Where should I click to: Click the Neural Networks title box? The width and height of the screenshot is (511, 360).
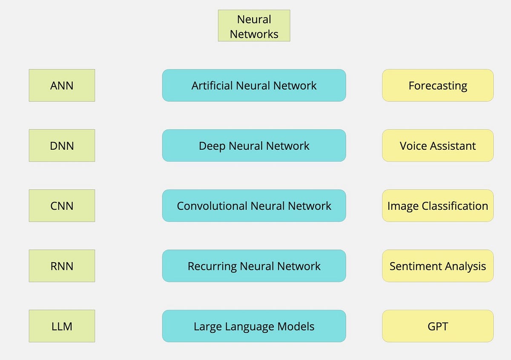pos(254,26)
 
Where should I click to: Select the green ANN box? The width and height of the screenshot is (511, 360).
pos(62,86)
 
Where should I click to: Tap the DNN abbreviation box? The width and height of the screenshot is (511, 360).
pos(62,146)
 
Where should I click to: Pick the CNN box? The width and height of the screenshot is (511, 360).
pos(62,206)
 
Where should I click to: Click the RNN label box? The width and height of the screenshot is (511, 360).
pos(62,266)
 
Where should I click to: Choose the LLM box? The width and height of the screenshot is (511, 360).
pos(62,326)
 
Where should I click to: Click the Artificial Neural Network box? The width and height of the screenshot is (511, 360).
pos(254,86)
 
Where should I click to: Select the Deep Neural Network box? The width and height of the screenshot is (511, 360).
pos(254,146)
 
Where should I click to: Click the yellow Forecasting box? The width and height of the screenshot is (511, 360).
pos(438,86)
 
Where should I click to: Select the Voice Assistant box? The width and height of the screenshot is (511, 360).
pos(438,146)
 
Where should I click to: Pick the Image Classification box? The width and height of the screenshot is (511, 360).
pos(438,206)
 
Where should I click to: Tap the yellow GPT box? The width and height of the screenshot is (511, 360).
pos(438,326)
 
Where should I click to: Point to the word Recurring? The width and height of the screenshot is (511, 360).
pos(212,266)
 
